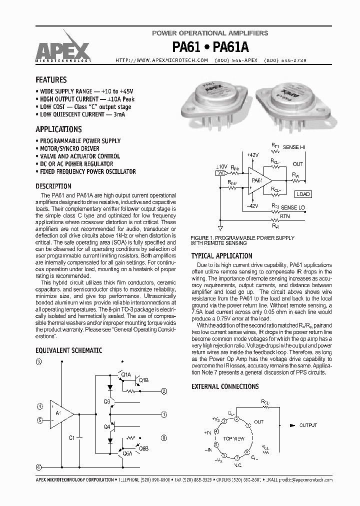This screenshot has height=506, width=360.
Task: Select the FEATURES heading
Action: point(51,80)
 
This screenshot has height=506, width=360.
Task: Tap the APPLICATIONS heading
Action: point(58,129)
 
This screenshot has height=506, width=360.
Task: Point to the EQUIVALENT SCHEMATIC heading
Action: point(69,350)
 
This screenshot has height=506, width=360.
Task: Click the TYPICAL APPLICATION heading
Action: point(222,256)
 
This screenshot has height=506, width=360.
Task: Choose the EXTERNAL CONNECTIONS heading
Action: point(225,386)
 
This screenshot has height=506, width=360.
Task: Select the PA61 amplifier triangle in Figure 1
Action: point(258,180)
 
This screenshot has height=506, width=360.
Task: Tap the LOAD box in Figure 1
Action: point(302,194)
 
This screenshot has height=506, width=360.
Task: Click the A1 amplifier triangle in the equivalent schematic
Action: point(60,413)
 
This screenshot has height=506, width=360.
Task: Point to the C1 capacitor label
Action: point(71,437)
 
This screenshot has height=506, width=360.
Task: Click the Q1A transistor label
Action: point(125,374)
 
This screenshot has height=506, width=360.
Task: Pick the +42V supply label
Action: point(253,155)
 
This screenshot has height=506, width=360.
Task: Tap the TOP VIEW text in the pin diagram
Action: point(233,438)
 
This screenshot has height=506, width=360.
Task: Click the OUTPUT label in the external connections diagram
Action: point(308,425)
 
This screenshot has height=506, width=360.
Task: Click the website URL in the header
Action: point(161,60)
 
